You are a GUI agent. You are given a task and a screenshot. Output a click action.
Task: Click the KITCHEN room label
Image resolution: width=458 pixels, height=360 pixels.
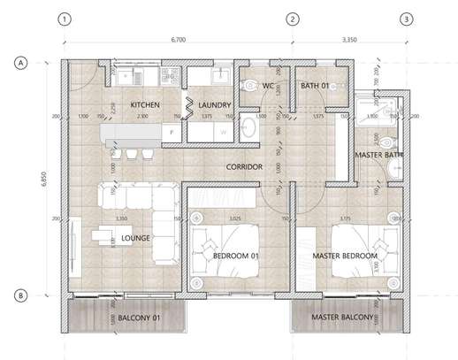[x=144, y=104]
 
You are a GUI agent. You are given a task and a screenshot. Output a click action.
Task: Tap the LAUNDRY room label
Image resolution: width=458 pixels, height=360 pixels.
[x=214, y=104]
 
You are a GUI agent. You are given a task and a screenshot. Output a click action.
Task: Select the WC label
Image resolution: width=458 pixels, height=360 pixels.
[x=269, y=86]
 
